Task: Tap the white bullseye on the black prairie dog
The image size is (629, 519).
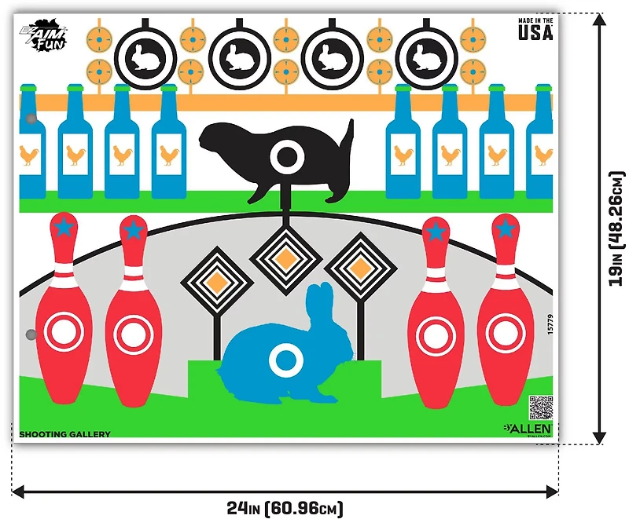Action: tap(284, 158)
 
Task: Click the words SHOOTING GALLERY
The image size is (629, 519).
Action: tap(64, 434)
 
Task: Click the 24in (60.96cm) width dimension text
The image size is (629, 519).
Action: tap(285, 508)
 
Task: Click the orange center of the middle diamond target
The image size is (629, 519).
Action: tap(285, 253)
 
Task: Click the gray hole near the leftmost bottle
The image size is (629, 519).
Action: tap(31, 119)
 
